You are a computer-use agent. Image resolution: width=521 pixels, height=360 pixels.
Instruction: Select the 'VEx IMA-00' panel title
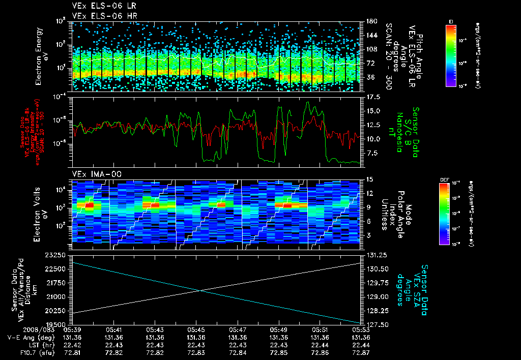[x=92, y=174]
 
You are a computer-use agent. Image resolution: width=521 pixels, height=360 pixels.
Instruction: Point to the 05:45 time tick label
[x=196, y=329]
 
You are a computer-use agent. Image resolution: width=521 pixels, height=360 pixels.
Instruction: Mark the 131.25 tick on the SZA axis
[x=371, y=254]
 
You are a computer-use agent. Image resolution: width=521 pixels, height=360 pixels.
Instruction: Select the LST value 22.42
[x=74, y=344]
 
